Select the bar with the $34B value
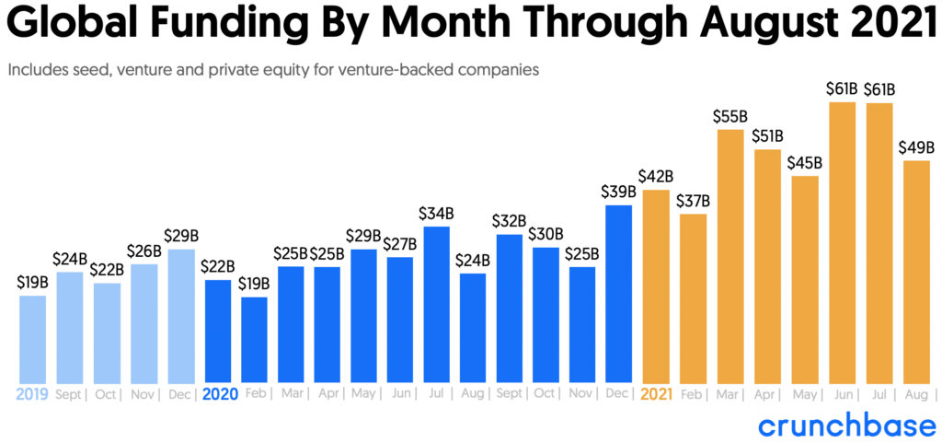pos(437,304)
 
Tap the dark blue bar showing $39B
pos(619,294)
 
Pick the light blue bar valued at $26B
pos(144,323)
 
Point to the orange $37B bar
pos(693,298)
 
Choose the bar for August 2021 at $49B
pos(917,272)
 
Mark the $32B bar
pos(510,309)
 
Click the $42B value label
pos(656,176)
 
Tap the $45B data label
pos(805,162)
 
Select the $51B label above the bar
pos(768,135)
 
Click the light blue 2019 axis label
pos(31,394)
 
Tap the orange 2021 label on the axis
pos(657,394)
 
